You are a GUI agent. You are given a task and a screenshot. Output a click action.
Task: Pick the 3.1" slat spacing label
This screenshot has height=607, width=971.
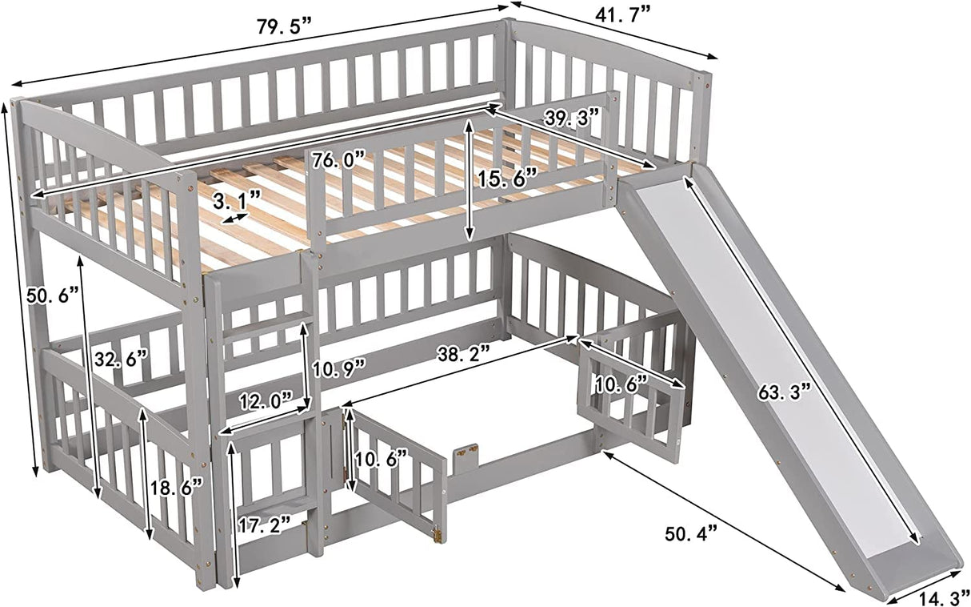tap(234, 197)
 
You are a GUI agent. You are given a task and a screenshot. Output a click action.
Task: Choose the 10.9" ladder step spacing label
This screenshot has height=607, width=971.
tap(339, 368)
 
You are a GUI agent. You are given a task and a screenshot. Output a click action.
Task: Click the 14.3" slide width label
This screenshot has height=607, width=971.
tap(939, 597)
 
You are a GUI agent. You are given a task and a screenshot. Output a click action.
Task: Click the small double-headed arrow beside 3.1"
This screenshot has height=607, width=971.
tap(234, 217)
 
